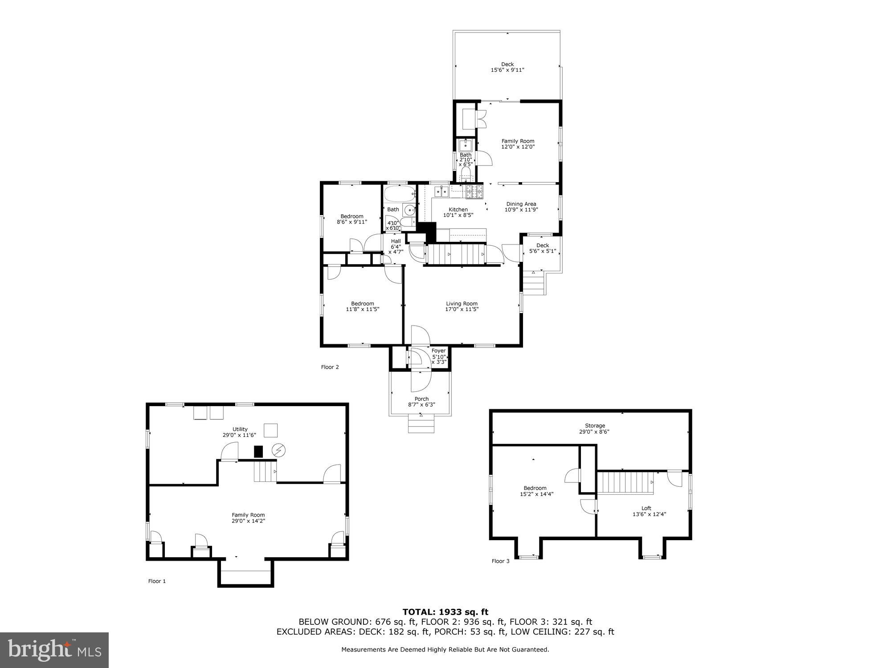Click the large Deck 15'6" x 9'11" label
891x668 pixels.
507,67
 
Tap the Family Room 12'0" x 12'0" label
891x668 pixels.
518,144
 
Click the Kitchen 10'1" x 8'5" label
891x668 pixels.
458,212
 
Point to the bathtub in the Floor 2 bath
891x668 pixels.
399,195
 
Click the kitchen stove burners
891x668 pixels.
474,192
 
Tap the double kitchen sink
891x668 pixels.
441,191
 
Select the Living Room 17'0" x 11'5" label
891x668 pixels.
462,306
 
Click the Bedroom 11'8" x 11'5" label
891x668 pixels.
362,306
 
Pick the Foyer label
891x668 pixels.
438,351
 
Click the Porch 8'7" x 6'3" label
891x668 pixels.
421,402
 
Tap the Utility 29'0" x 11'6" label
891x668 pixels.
240,432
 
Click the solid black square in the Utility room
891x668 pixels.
258,452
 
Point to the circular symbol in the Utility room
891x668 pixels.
279,451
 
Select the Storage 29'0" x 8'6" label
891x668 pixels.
595,428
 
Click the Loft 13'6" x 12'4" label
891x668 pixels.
646,511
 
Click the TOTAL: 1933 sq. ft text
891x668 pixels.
445,612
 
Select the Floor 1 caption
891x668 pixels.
157,581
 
